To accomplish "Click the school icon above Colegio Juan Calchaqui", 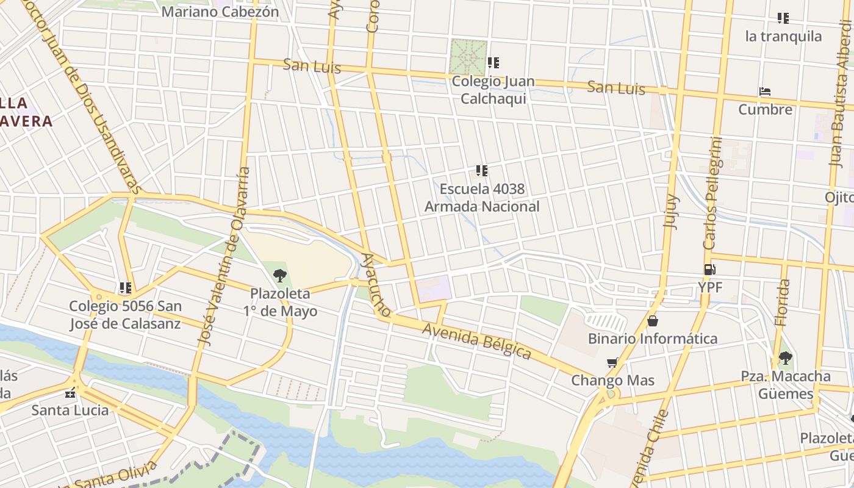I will pos(493,62).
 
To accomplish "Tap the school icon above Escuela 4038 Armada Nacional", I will pos(482,170).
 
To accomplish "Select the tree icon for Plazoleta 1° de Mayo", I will pos(280,275).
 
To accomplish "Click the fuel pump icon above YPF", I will pos(709,269).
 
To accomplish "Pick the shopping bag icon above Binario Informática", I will pos(653,321).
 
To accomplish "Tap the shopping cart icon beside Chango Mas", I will pos(612,363).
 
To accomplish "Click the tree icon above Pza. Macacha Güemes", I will pos(785,358).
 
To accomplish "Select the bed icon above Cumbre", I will pos(765,91).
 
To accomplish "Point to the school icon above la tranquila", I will pos(783,18).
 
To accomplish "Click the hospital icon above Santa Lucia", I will pos(71,392).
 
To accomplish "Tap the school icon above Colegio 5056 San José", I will pos(126,288).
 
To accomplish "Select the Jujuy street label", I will pos(670,211).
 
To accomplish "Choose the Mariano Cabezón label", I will pos(220,12).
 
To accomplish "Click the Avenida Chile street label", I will pos(650,451).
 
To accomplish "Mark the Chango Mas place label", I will pos(612,381).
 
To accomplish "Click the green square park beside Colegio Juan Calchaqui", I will pos(468,56).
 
